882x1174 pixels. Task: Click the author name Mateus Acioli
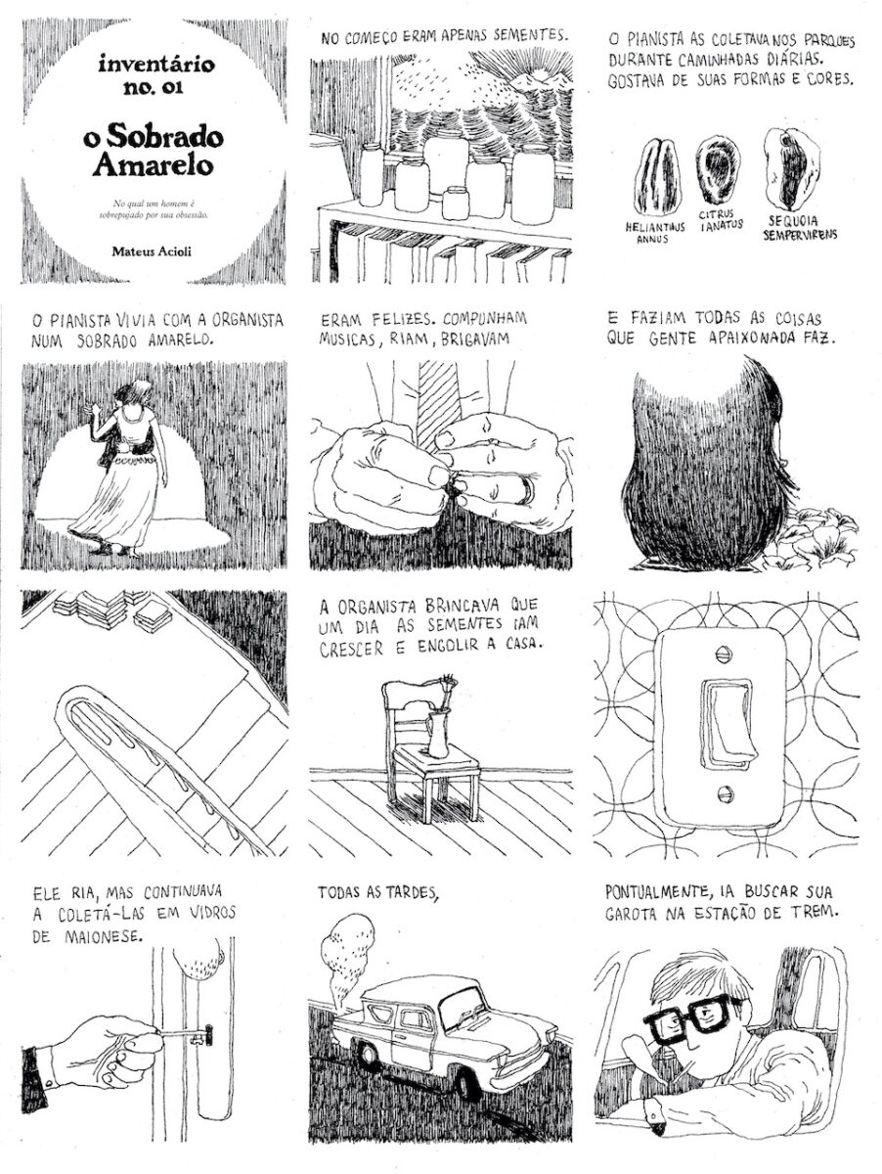coord(152,250)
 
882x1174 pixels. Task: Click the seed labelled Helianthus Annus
coord(657,176)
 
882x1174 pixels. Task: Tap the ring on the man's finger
coord(527,488)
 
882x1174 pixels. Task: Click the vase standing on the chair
coord(437,734)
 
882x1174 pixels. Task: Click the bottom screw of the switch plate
coord(723,792)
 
